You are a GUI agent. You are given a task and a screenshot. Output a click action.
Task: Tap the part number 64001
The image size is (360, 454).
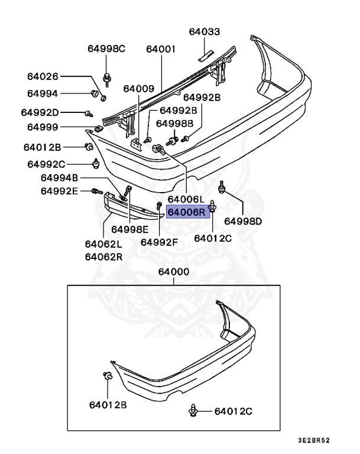160,49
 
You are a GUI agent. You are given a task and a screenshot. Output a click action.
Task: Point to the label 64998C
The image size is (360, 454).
106,49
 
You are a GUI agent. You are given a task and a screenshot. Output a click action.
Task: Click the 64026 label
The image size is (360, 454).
43,76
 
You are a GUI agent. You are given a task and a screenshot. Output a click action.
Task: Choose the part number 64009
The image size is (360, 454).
138,89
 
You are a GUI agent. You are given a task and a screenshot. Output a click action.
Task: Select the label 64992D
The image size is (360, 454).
40,112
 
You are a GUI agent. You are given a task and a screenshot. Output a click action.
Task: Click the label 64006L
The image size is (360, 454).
186,199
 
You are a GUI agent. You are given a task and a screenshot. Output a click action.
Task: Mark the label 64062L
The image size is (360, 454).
103,244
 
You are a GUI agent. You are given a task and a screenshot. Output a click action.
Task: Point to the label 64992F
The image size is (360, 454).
159,241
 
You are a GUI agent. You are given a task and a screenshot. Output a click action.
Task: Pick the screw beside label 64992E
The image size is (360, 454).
96,191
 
